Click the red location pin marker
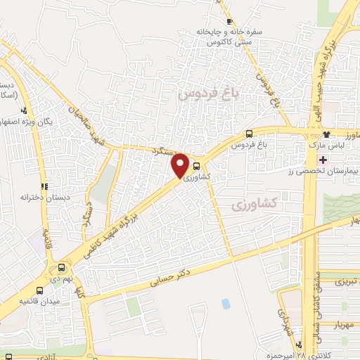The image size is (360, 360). [x=181, y=165]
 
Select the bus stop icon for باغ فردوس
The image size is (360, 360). [x=250, y=134]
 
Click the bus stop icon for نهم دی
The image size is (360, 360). [x=62, y=267]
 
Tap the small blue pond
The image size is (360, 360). [x=225, y=304]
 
